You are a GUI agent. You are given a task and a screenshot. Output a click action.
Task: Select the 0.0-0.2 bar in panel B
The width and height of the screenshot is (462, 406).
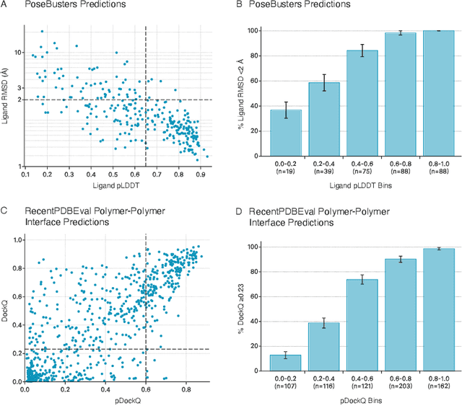tap(286, 132)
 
